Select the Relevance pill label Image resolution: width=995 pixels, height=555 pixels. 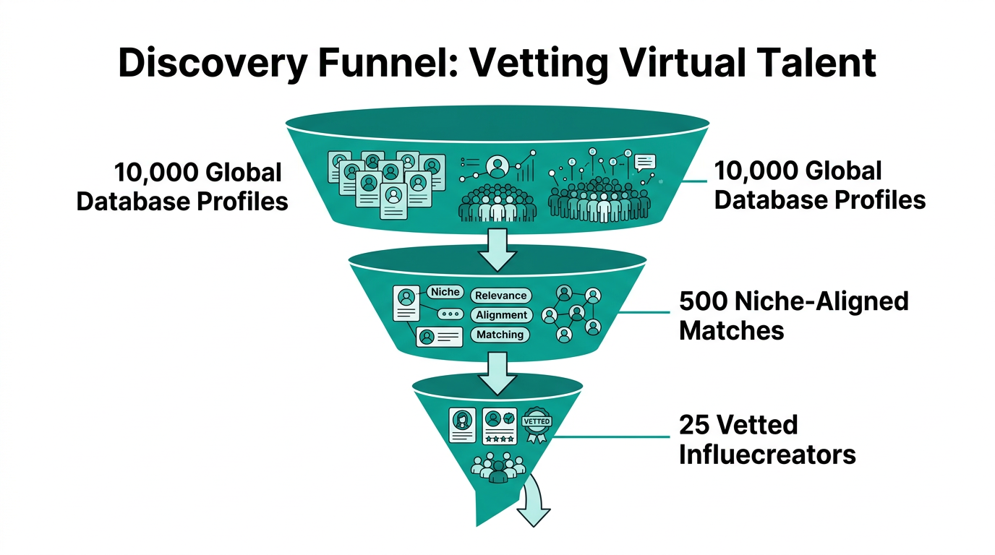coord(500,296)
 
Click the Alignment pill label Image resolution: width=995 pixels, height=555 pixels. coord(501,315)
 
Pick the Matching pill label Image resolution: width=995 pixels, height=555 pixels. coord(500,335)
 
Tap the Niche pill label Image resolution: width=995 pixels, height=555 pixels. coord(445,292)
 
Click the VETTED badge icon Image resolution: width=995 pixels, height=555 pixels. coord(536,424)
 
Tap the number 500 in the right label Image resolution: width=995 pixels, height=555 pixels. coord(705,301)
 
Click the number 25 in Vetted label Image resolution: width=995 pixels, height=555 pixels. coord(693,424)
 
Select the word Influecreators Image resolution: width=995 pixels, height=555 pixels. coord(766,455)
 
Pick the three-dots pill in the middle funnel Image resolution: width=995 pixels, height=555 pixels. coord(450,314)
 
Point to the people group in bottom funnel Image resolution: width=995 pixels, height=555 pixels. coord(497,468)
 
